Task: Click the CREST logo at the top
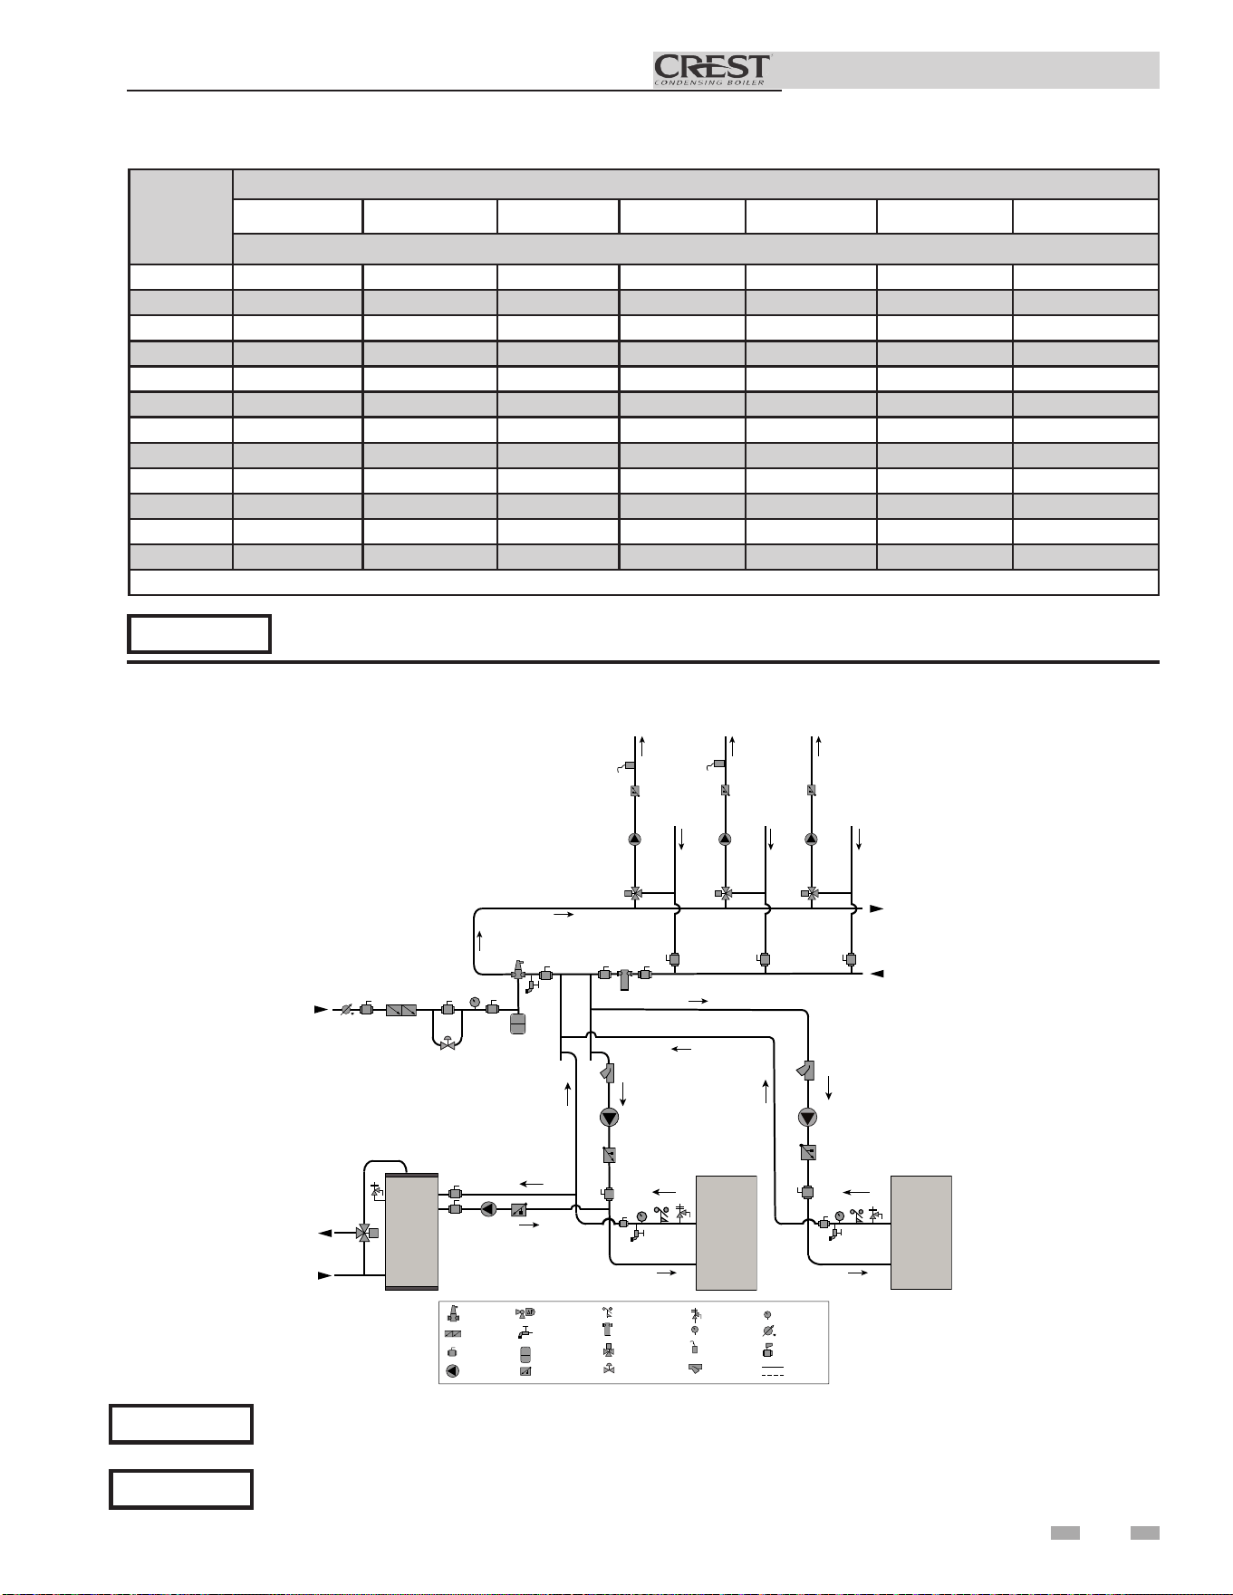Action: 712,70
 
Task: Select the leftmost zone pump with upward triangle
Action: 634,839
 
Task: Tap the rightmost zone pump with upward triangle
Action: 811,839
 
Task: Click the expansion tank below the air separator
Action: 518,1023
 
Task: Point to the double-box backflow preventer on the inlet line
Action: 400,1009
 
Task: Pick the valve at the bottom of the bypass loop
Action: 448,1043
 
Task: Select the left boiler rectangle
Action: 726,1232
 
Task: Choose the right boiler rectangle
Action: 921,1232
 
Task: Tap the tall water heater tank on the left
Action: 411,1231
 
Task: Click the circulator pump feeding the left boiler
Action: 609,1118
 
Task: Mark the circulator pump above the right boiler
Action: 808,1118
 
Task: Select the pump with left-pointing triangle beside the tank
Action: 488,1208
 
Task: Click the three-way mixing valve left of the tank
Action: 365,1233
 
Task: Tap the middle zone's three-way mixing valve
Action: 725,893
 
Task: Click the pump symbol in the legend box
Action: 453,1370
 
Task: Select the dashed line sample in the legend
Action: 772,1376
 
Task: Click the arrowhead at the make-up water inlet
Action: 320,1008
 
